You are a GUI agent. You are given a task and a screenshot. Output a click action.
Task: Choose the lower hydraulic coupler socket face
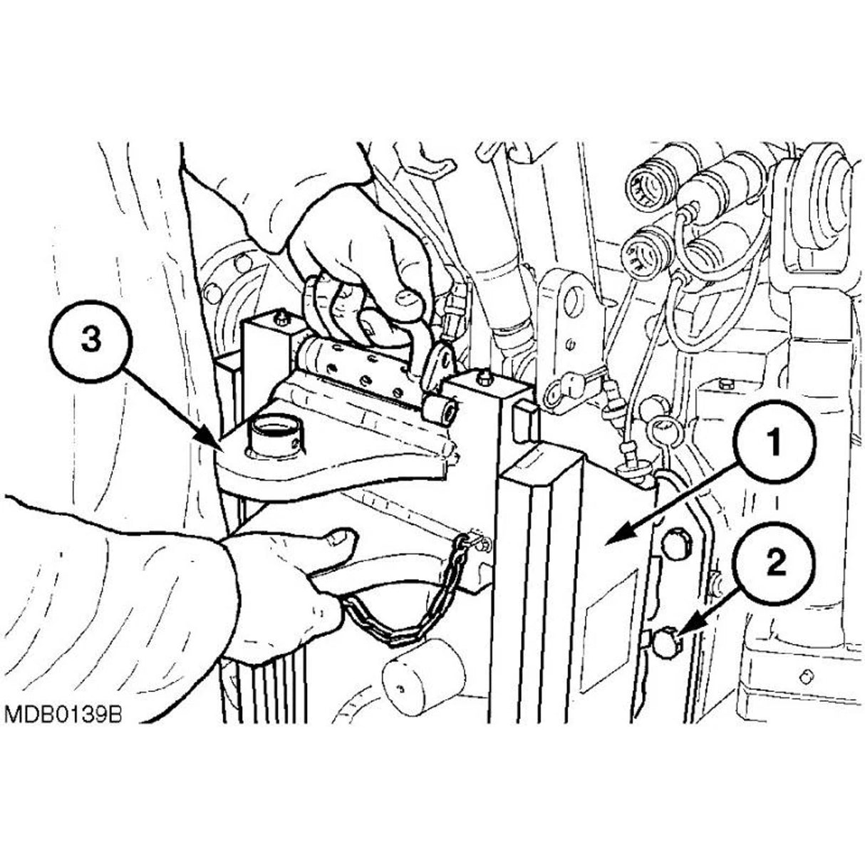click(645, 251)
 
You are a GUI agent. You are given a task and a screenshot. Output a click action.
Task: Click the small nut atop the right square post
click(484, 378)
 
